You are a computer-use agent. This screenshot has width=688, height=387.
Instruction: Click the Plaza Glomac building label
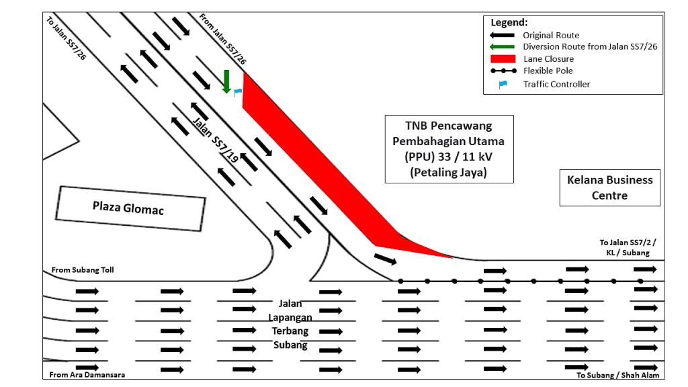pyautogui.click(x=129, y=208)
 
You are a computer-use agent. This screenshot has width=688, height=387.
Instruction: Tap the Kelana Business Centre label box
pyautogui.click(x=609, y=187)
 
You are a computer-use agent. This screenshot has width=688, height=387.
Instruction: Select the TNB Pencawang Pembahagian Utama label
pyautogui.click(x=449, y=148)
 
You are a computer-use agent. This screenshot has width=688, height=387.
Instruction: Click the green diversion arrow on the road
pyautogui.click(x=226, y=81)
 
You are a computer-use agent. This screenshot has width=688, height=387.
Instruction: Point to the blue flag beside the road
pyautogui.click(x=236, y=91)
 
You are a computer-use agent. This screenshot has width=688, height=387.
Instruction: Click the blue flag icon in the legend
pyautogui.click(x=502, y=84)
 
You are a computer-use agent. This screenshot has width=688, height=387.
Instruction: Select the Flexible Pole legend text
pyautogui.click(x=548, y=71)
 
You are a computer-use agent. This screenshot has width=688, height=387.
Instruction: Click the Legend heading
pyautogui.click(x=509, y=23)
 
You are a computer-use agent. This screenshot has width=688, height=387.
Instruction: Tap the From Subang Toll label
pyautogui.click(x=83, y=270)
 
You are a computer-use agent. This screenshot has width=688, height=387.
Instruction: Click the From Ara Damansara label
pyautogui.click(x=87, y=375)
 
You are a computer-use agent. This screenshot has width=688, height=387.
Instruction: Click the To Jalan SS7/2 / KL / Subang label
pyautogui.click(x=624, y=247)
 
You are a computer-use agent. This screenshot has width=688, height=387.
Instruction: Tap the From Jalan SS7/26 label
pyautogui.click(x=223, y=39)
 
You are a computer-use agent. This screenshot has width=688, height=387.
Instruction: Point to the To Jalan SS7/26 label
pyautogui.click(x=66, y=38)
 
